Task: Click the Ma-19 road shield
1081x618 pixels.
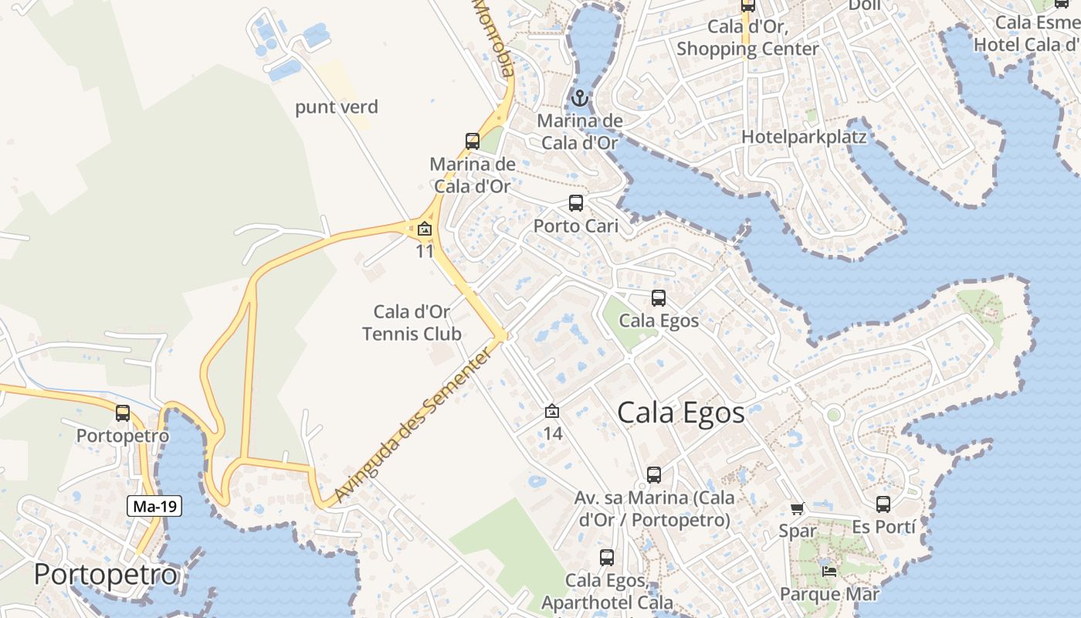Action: coord(154,507)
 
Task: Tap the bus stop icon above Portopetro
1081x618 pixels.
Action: coord(123,413)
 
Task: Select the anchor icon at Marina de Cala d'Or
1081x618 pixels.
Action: coord(579,98)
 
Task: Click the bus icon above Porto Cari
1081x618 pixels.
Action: coord(576,203)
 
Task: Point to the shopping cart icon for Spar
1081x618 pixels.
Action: coord(797,508)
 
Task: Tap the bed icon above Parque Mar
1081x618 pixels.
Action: coord(829,572)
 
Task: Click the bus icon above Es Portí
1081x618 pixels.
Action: coord(883,504)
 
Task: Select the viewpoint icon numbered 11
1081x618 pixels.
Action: coord(424,229)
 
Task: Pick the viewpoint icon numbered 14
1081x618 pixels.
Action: coord(552,412)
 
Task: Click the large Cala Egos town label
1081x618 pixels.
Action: coord(681,413)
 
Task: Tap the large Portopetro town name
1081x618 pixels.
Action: coord(106,575)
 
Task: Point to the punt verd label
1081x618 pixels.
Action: coord(337,107)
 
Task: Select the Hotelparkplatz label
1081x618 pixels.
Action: coord(804,137)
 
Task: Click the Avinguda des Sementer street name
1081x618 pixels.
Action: coord(412,426)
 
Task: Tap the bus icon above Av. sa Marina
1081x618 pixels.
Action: coord(654,475)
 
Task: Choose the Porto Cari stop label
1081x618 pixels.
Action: coord(576,226)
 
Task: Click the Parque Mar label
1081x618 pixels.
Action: coord(829,594)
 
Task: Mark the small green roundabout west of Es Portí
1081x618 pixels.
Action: coord(833,415)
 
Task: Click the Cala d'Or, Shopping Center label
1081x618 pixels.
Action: coord(747,37)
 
